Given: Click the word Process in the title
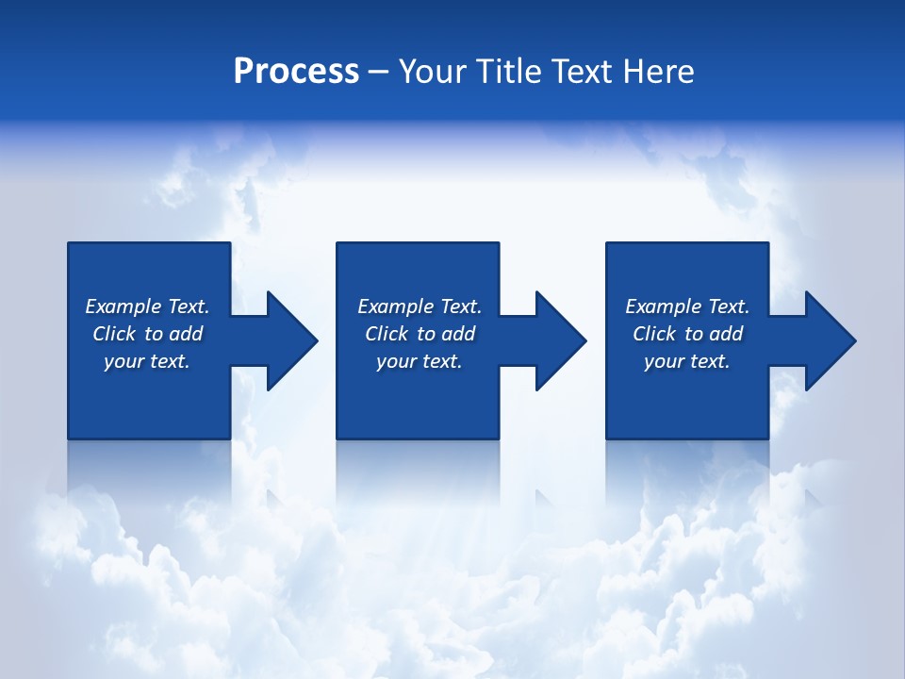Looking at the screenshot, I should (x=296, y=72).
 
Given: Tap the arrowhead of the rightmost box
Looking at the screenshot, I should (x=829, y=340).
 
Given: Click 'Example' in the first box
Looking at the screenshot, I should (x=123, y=306).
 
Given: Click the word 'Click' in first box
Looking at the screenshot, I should (x=114, y=334).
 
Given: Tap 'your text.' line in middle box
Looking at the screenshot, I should (x=419, y=361).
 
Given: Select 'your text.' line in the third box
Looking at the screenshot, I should (x=686, y=361).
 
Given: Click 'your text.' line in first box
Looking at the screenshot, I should (x=146, y=361).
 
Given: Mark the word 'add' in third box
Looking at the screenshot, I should (x=725, y=334).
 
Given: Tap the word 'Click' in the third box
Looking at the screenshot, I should (x=654, y=334).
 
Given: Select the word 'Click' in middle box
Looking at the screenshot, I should (x=387, y=334).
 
